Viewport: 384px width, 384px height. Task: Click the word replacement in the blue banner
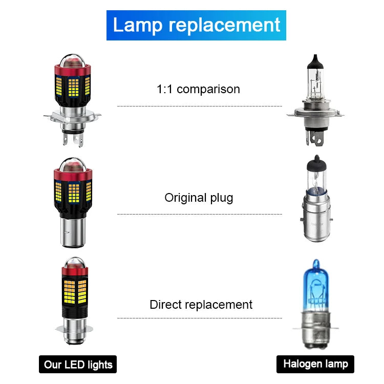tap(226, 25)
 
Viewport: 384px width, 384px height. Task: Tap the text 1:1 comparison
tap(198, 89)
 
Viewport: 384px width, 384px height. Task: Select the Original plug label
tap(199, 198)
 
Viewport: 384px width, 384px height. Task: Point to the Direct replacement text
tap(201, 305)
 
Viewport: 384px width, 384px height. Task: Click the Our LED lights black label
tap(78, 365)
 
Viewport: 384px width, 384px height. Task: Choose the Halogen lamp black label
tap(315, 364)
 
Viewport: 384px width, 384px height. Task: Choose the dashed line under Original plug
tap(200, 214)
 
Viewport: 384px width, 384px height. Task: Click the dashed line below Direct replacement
tap(200, 318)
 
